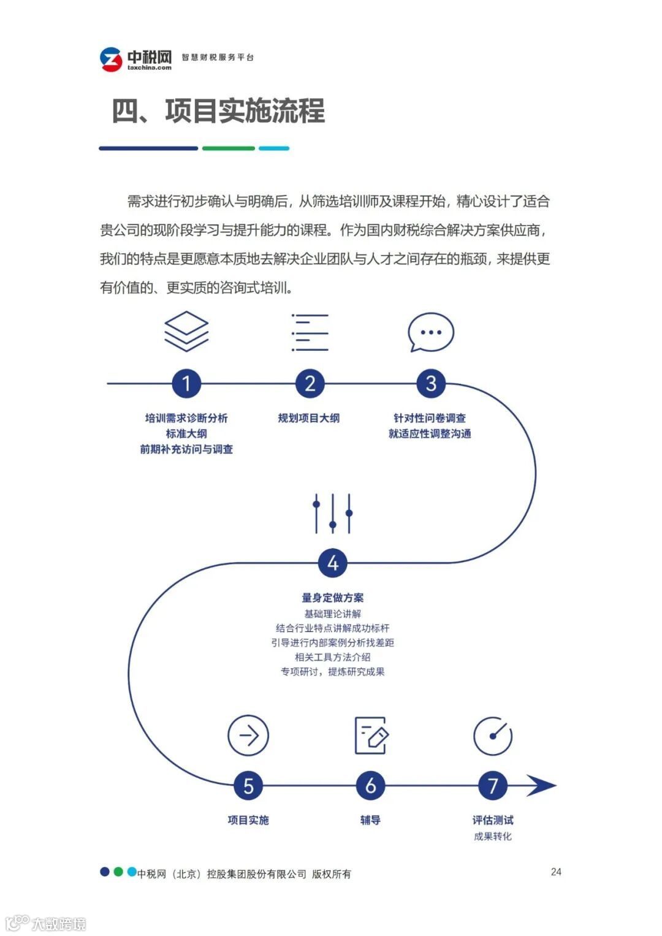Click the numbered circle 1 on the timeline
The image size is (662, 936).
pyautogui.click(x=186, y=384)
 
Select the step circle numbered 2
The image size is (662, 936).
pyautogui.click(x=310, y=384)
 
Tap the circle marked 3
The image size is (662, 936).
pyautogui.click(x=431, y=384)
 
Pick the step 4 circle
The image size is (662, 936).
pyautogui.click(x=332, y=563)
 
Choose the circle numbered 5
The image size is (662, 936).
pyautogui.click(x=248, y=786)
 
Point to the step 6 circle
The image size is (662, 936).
pyautogui.click(x=370, y=786)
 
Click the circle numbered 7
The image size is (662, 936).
pyautogui.click(x=493, y=786)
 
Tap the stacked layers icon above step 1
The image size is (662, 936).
pyautogui.click(x=186, y=332)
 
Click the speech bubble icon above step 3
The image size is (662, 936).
pyautogui.click(x=431, y=333)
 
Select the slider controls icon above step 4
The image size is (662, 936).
pyautogui.click(x=332, y=514)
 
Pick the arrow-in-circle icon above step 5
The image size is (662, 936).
pyautogui.click(x=248, y=735)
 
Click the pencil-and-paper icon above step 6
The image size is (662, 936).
pyautogui.click(x=371, y=735)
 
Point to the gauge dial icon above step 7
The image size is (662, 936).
pyautogui.click(x=493, y=736)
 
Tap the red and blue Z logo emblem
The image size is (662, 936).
pyautogui.click(x=111, y=59)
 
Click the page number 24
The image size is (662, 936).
pyautogui.click(x=556, y=872)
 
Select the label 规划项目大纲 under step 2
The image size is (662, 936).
pyautogui.click(x=308, y=418)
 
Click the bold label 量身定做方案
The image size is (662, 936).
pyautogui.click(x=332, y=598)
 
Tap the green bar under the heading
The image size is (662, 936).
pyautogui.click(x=228, y=148)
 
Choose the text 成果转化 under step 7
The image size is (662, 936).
pyautogui.click(x=492, y=836)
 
